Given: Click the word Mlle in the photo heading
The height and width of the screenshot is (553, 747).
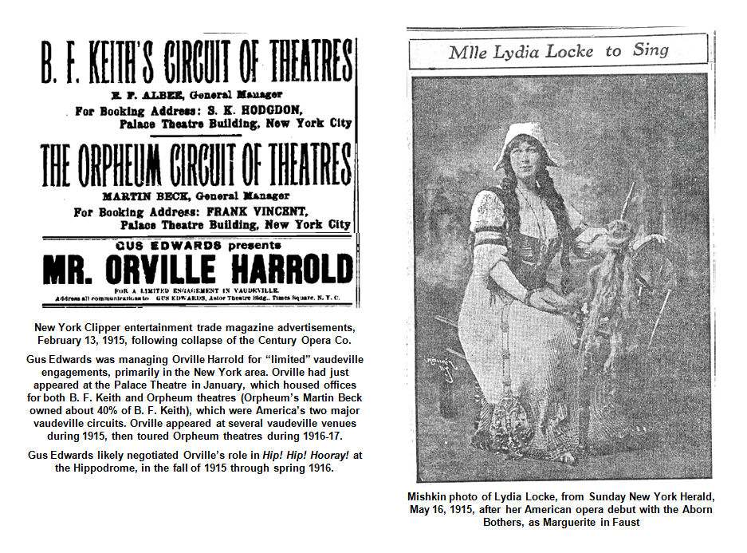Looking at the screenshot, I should pyautogui.click(x=467, y=53).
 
